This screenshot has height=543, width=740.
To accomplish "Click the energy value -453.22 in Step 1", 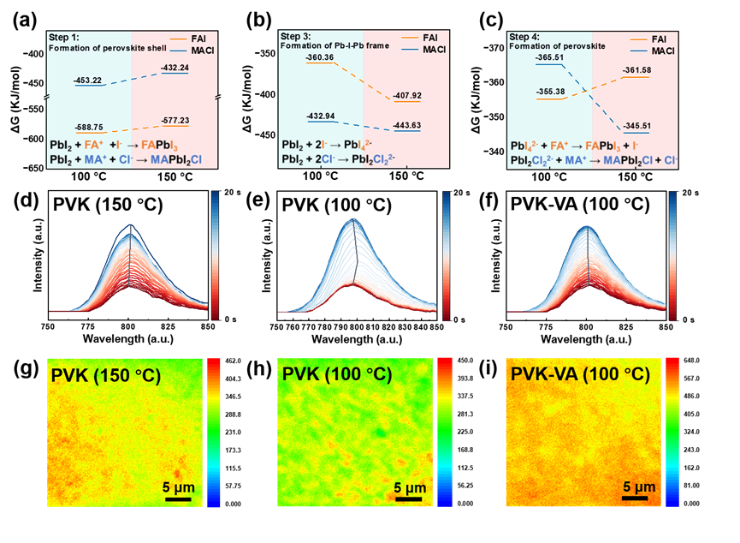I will (x=88, y=80).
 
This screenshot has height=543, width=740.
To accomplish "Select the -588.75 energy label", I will (x=88, y=124).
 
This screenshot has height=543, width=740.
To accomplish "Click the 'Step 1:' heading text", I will (x=63, y=38).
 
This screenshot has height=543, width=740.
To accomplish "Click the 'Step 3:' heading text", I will (x=295, y=36).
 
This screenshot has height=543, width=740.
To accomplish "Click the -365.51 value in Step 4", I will (x=549, y=57).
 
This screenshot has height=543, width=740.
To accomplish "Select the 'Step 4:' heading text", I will (x=524, y=37).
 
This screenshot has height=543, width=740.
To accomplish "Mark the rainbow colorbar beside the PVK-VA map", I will (x=672, y=433).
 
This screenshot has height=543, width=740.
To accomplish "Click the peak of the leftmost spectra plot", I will (x=131, y=226).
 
